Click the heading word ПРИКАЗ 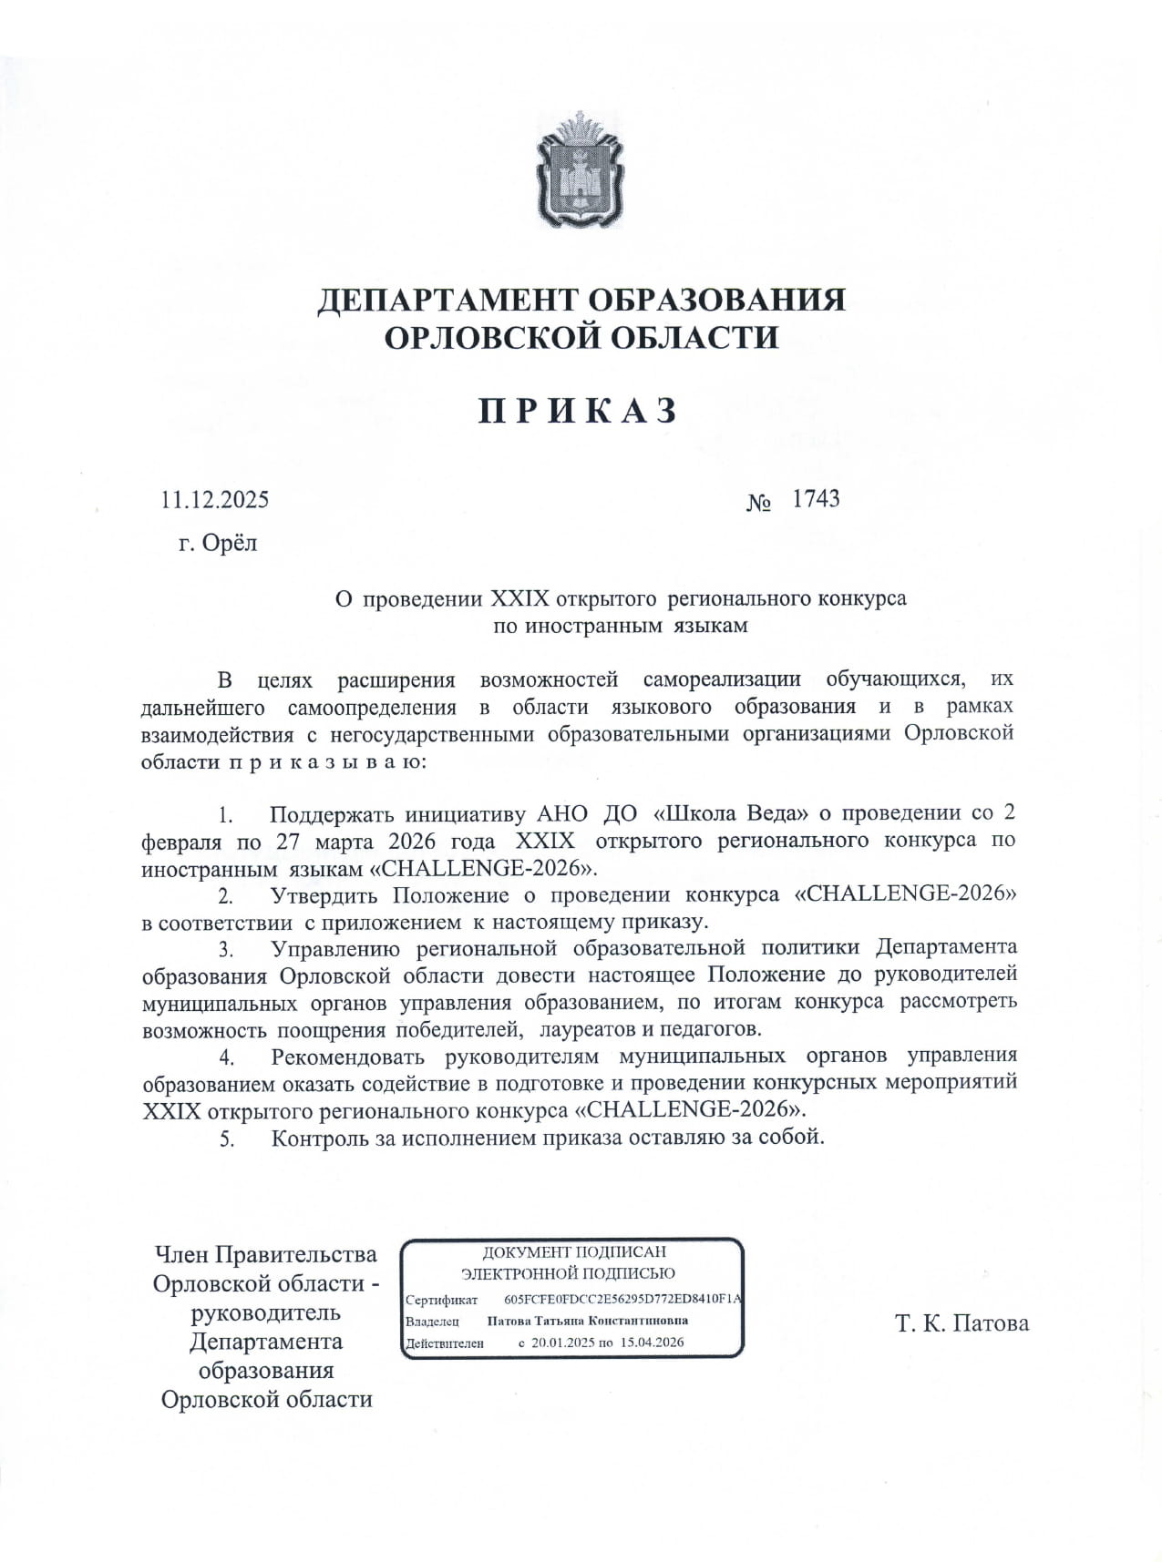point(580,411)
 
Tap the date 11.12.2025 point(215,500)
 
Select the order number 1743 point(816,498)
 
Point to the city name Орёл point(231,544)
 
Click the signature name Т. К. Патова point(961,1322)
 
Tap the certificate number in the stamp point(623,1300)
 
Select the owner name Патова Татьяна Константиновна point(588,1321)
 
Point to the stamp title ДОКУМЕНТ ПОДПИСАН point(574,1252)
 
